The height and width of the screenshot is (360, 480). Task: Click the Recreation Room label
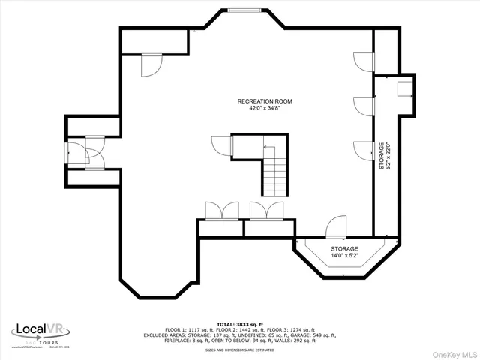(265, 100)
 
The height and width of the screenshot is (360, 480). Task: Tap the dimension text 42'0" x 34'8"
(265, 107)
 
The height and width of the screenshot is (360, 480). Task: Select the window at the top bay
(245, 10)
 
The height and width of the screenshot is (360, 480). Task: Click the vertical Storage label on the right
(381, 157)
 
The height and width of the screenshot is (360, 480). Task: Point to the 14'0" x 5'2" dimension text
(344, 256)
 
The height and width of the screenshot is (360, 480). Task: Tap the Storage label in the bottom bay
(344, 248)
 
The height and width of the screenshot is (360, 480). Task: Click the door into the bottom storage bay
(336, 226)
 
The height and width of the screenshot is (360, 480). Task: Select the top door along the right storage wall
(364, 61)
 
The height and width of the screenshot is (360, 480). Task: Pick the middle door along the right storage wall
(364, 106)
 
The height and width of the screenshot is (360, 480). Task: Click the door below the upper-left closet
(151, 65)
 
